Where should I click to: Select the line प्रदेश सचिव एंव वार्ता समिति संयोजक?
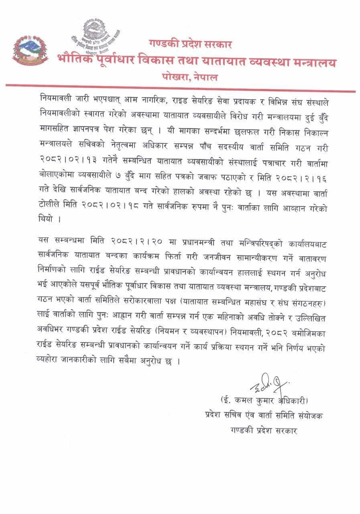point(263,416)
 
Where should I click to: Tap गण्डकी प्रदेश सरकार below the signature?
point(263,430)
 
